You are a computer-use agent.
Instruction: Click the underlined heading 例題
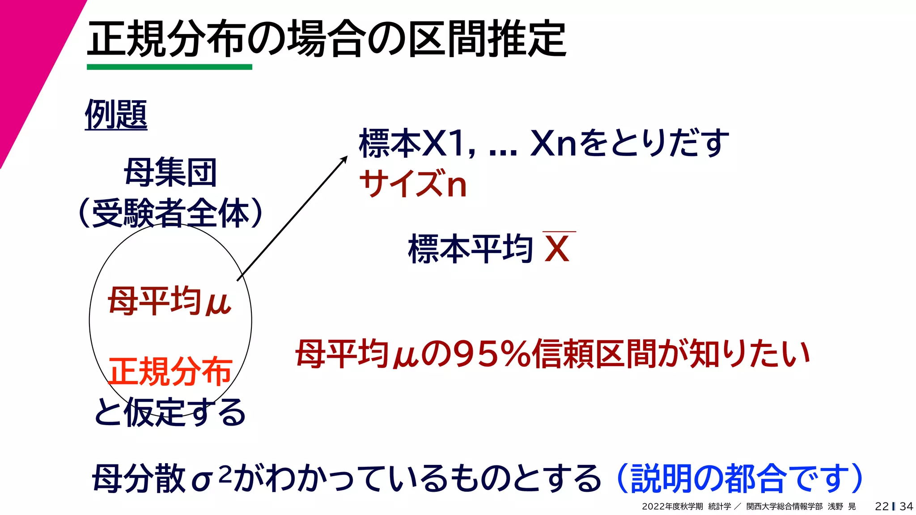coord(116,114)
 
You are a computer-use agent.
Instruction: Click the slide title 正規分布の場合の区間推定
coord(327,39)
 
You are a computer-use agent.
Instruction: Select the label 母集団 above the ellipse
coord(170,173)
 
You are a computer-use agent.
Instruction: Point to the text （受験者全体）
coord(170,213)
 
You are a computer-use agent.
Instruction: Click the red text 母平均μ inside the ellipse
coord(170,302)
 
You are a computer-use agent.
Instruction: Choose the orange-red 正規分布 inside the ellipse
coord(170,371)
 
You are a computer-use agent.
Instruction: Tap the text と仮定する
coord(170,412)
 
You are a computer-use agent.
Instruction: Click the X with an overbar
coord(557,249)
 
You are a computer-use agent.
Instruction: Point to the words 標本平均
coord(470,249)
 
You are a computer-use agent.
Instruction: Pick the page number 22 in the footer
coord(882,507)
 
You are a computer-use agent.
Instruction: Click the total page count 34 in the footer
coord(906,507)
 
